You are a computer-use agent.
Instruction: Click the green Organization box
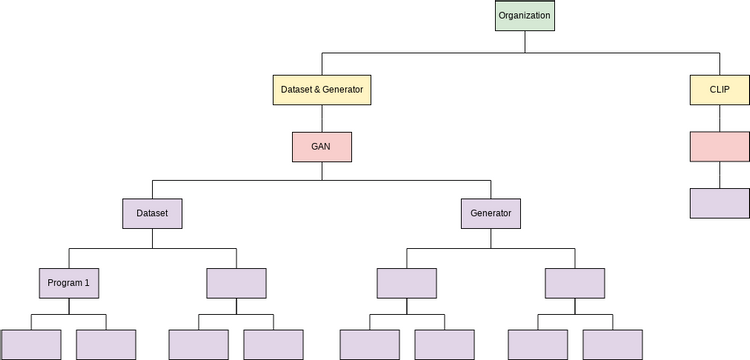524,16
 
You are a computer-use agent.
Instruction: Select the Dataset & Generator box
322,90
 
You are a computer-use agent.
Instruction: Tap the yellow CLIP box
720,90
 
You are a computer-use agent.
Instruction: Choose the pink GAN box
322,146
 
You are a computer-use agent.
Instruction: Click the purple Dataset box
153,213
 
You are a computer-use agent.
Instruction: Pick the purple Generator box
490,213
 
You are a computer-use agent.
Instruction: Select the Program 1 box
69,283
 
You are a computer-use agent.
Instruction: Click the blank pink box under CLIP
720,146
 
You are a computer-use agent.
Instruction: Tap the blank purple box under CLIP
720,202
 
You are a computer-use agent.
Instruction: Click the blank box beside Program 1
237,283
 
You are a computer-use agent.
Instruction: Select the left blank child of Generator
406,283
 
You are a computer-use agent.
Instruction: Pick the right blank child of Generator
575,283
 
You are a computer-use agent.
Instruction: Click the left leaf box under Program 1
31,344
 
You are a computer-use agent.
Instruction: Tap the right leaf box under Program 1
107,344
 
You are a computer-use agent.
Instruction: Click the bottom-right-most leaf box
613,344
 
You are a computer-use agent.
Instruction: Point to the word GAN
322,146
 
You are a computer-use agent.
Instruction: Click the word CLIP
720,90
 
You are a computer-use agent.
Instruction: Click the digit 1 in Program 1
87,283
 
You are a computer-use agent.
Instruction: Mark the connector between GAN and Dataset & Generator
322,118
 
